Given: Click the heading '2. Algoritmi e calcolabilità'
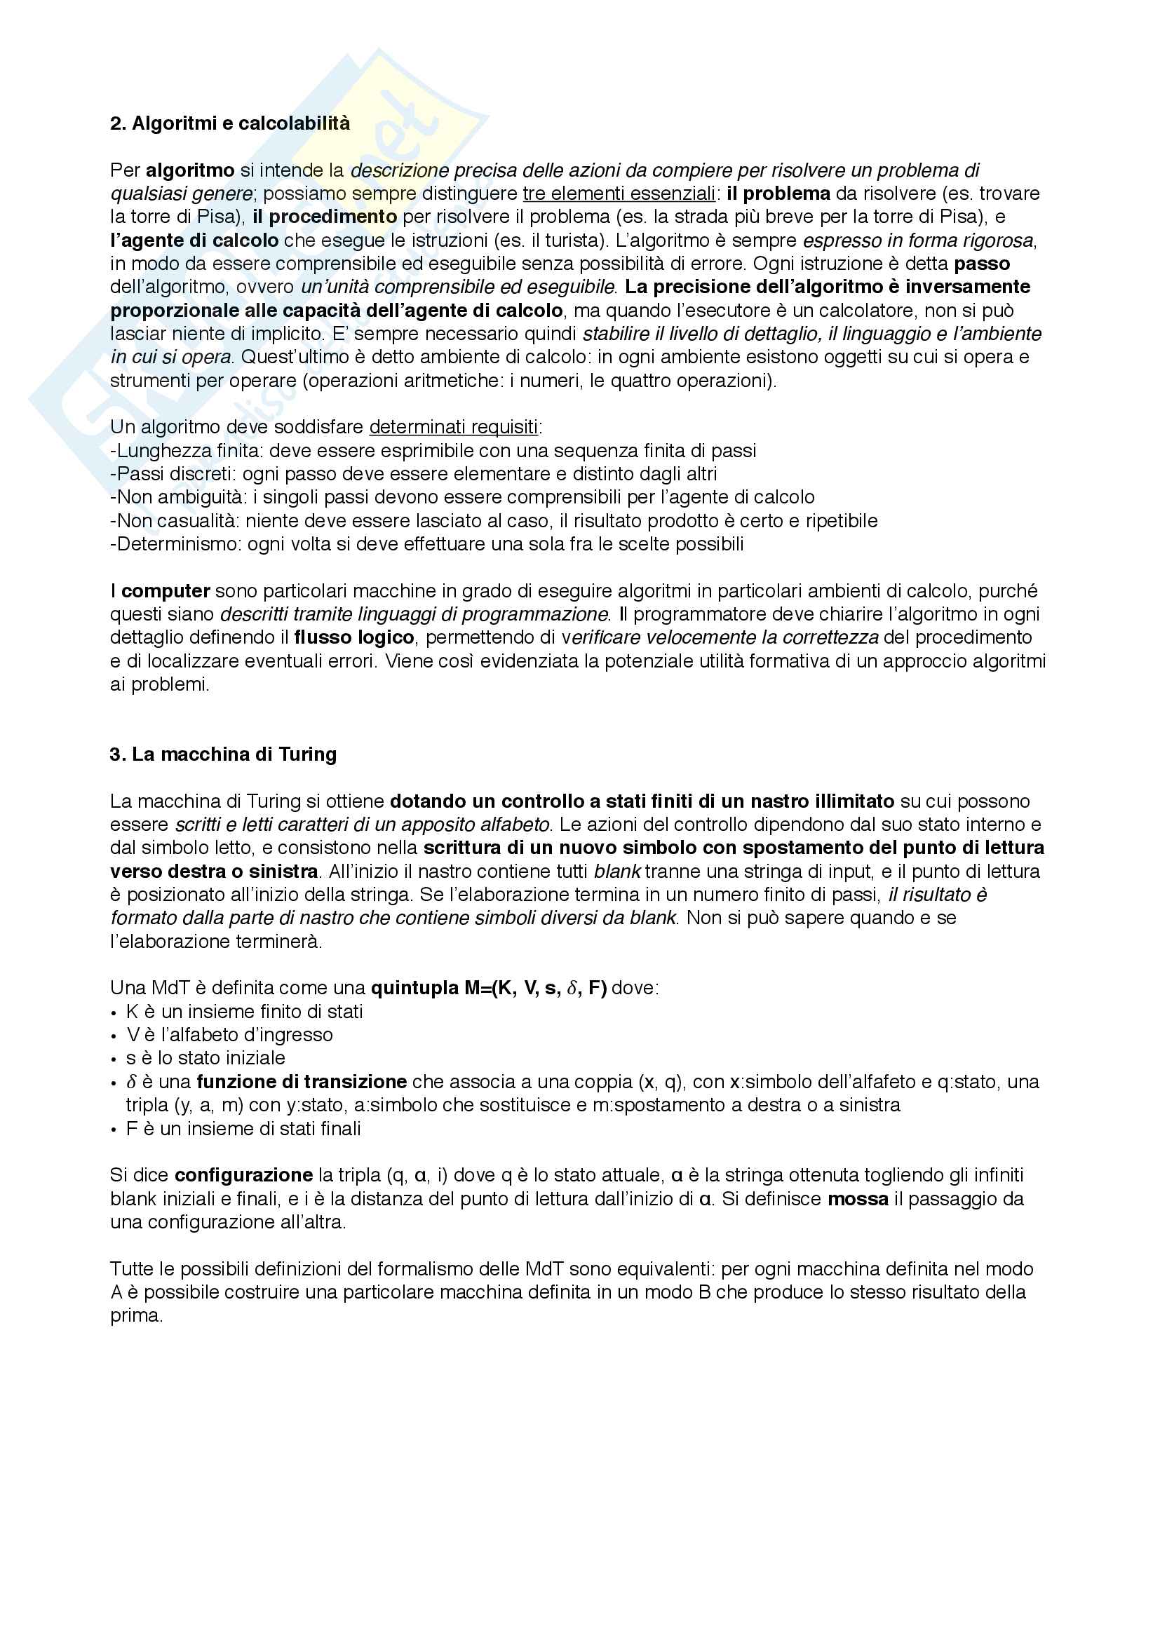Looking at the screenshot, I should (x=230, y=123).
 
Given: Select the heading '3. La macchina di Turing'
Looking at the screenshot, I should (x=223, y=754).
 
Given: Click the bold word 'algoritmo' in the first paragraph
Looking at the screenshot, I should (x=190, y=170).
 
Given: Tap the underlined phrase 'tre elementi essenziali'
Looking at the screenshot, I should (x=619, y=194).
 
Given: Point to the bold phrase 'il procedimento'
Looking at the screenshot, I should (x=324, y=217).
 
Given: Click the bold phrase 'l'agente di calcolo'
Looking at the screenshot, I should (x=194, y=240).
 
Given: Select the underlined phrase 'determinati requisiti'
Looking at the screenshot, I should (x=453, y=427).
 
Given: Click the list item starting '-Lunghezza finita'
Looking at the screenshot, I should (x=433, y=451).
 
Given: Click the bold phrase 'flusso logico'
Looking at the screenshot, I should (x=353, y=638).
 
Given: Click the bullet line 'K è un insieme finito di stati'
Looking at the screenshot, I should (x=244, y=1012).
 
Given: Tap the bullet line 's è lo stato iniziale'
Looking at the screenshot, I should (x=205, y=1059).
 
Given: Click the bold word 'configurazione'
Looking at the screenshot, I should (x=243, y=1175).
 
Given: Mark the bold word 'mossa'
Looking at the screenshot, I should (x=858, y=1198).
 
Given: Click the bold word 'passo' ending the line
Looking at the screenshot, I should (x=981, y=264).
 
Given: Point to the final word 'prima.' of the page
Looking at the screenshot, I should (x=137, y=1315).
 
